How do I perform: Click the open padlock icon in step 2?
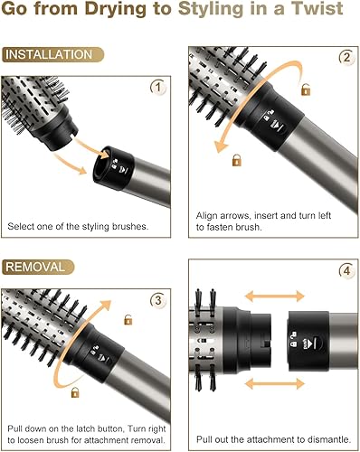(x=305, y=91)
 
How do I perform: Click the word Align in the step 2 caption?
(x=209, y=216)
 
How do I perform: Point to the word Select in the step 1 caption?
(x=22, y=225)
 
